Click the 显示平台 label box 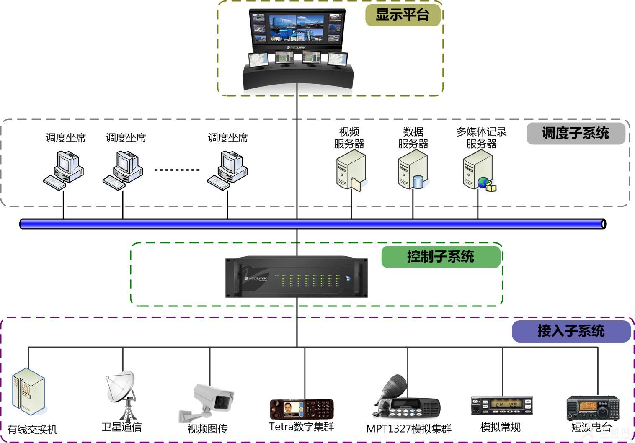tap(403, 15)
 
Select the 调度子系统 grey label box tap(576, 134)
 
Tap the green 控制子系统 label tap(441, 257)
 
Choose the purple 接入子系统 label tap(571, 331)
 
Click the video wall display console tap(298, 48)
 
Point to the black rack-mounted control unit tap(297, 277)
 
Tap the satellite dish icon tap(121, 394)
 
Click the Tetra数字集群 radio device tap(302, 409)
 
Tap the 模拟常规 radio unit tap(501, 405)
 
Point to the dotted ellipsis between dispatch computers tap(177, 170)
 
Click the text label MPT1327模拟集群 tap(409, 429)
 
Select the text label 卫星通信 tap(121, 427)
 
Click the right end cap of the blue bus tap(603, 224)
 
